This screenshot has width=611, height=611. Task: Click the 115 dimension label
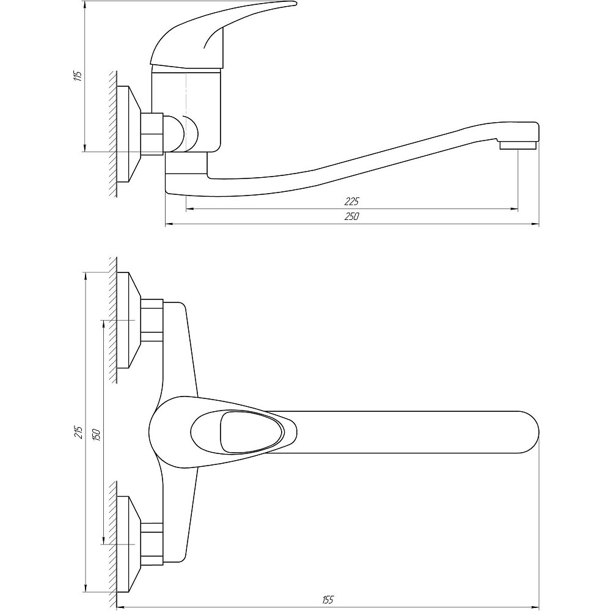tap(78, 76)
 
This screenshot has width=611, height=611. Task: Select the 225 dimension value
tap(351, 201)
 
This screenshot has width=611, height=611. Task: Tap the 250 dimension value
tap(351, 216)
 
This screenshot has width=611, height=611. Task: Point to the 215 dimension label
tap(79, 432)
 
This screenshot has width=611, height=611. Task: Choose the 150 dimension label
tap(97, 434)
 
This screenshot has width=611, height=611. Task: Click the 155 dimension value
tap(328, 599)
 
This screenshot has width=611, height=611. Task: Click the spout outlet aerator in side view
tap(518, 145)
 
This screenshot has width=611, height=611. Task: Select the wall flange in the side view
tap(129, 134)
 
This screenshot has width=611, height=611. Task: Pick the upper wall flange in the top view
tap(129, 320)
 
